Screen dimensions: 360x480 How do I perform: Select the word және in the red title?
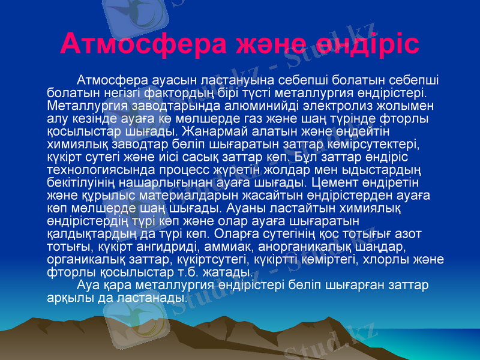(274, 43)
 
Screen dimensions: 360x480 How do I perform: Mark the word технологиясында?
(93, 170)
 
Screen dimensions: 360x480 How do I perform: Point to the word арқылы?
(65, 298)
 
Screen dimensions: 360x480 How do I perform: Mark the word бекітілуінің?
(81, 182)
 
